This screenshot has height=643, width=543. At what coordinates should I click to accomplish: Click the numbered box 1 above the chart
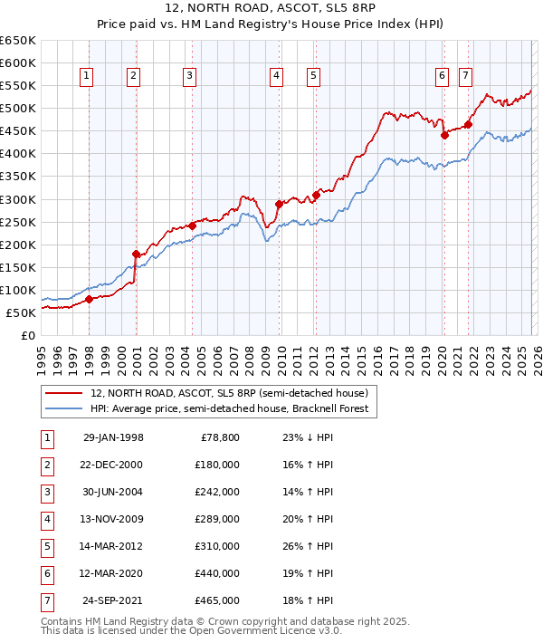[86, 77]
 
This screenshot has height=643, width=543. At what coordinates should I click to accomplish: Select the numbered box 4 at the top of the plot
[274, 77]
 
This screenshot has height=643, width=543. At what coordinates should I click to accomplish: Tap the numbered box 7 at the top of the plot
[465, 77]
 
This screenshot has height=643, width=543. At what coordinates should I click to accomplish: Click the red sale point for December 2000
[136, 254]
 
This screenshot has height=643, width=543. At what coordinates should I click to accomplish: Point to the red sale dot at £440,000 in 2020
[444, 135]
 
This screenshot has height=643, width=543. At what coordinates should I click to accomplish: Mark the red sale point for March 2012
[317, 194]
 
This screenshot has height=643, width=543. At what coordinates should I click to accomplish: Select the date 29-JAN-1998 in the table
[113, 437]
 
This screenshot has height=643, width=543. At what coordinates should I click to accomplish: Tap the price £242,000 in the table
[216, 492]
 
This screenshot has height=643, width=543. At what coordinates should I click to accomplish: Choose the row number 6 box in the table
[46, 573]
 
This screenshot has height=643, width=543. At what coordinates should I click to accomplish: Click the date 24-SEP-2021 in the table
[113, 600]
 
